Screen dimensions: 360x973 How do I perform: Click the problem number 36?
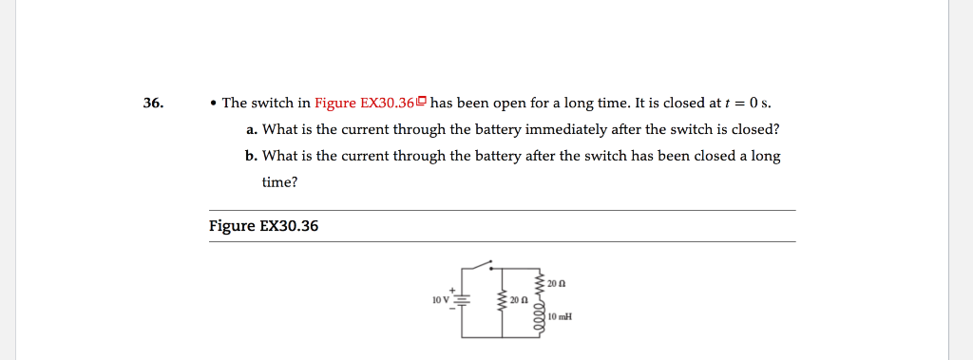[x=153, y=103]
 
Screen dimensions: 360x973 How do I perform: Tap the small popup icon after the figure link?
[x=421, y=102]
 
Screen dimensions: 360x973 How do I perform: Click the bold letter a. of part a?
[x=252, y=129]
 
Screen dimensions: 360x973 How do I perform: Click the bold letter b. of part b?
[x=252, y=156]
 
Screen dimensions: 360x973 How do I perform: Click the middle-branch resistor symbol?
[x=502, y=301]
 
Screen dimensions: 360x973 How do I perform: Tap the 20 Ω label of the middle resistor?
[x=519, y=300]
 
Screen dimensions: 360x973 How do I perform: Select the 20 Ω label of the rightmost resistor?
[x=558, y=283]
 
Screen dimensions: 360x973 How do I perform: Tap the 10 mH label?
[x=560, y=315]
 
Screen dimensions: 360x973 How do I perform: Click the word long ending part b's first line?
[x=766, y=156]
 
